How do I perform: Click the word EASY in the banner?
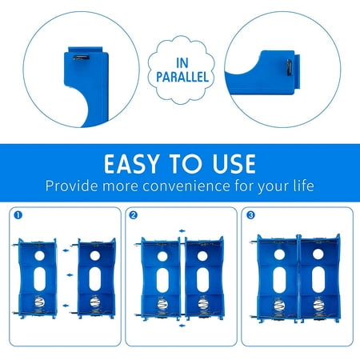click(x=138, y=164)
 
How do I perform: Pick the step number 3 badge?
click(x=250, y=214)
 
